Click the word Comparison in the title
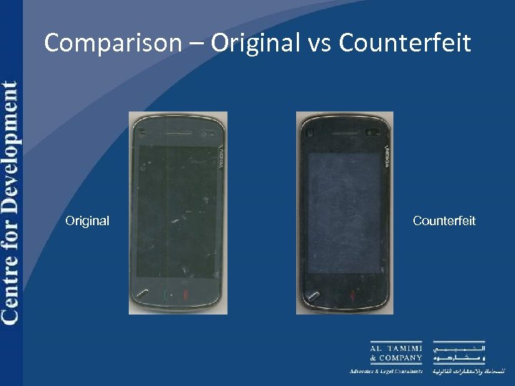[x=113, y=43]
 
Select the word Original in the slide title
[x=255, y=43]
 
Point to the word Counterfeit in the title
[x=405, y=43]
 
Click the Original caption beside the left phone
[x=87, y=221]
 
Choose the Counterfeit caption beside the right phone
[x=443, y=221]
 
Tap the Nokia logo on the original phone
[x=220, y=154]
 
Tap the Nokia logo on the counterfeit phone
[x=386, y=154]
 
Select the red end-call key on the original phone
[x=185, y=294]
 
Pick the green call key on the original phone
[x=167, y=294]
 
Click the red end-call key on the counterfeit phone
[x=352, y=295]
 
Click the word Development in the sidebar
[x=10, y=136]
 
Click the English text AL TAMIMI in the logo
[x=396, y=347]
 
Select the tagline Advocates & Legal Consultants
[x=386, y=371]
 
